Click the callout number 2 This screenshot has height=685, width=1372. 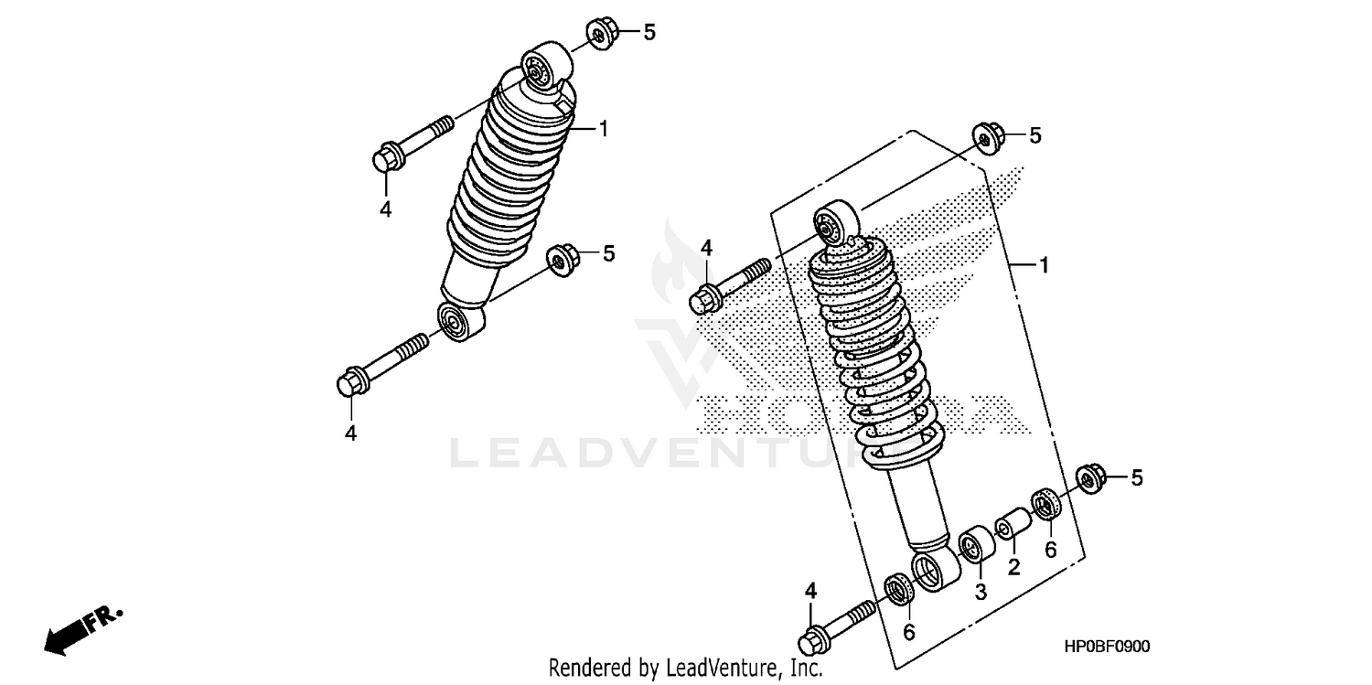click(x=1013, y=568)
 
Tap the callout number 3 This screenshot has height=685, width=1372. click(x=980, y=593)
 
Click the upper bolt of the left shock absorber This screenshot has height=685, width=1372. click(x=412, y=144)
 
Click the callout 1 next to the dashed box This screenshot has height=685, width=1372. click(x=1043, y=265)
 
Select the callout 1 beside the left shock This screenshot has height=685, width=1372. click(x=604, y=128)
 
